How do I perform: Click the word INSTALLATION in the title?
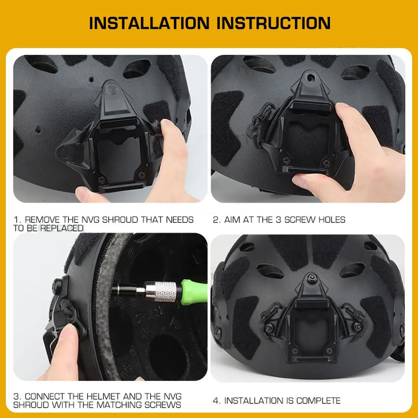pyautogui.click(x=149, y=23)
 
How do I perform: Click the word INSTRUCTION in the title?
pyautogui.click(x=273, y=23)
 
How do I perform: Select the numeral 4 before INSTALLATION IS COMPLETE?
pyautogui.click(x=216, y=400)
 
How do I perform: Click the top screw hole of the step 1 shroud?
pyautogui.click(x=110, y=89)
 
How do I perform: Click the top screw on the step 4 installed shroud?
pyautogui.click(x=313, y=278)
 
